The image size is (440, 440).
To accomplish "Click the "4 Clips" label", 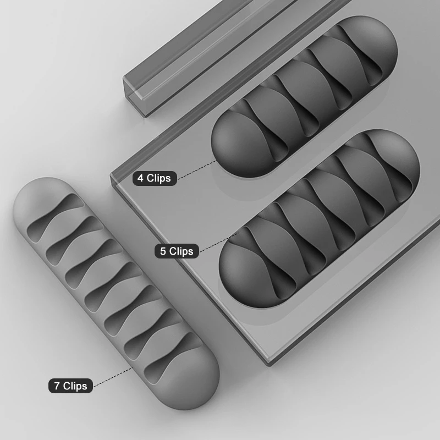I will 155,178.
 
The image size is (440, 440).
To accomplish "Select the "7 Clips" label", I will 70,386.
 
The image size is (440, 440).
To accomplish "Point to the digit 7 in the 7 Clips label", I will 57,386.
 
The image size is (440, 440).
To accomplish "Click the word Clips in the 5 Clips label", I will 182,251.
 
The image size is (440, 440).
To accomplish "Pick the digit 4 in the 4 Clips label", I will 141,178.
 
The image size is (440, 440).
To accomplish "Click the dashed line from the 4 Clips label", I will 195,169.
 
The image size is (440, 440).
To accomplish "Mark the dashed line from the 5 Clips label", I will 217,242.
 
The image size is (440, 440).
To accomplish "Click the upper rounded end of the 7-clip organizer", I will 38,193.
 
